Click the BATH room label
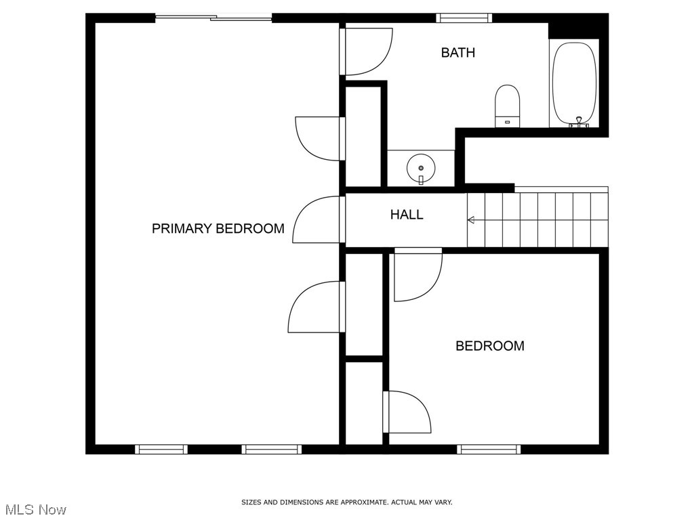point(458,53)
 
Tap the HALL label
point(407,215)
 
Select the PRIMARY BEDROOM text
point(218,228)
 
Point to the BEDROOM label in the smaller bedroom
point(489,346)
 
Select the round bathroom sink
point(421,167)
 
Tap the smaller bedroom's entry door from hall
point(417,274)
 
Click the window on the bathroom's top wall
point(464,18)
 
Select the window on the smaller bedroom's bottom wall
point(489,449)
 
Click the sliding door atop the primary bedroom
point(213,18)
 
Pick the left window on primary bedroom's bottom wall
point(161,449)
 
